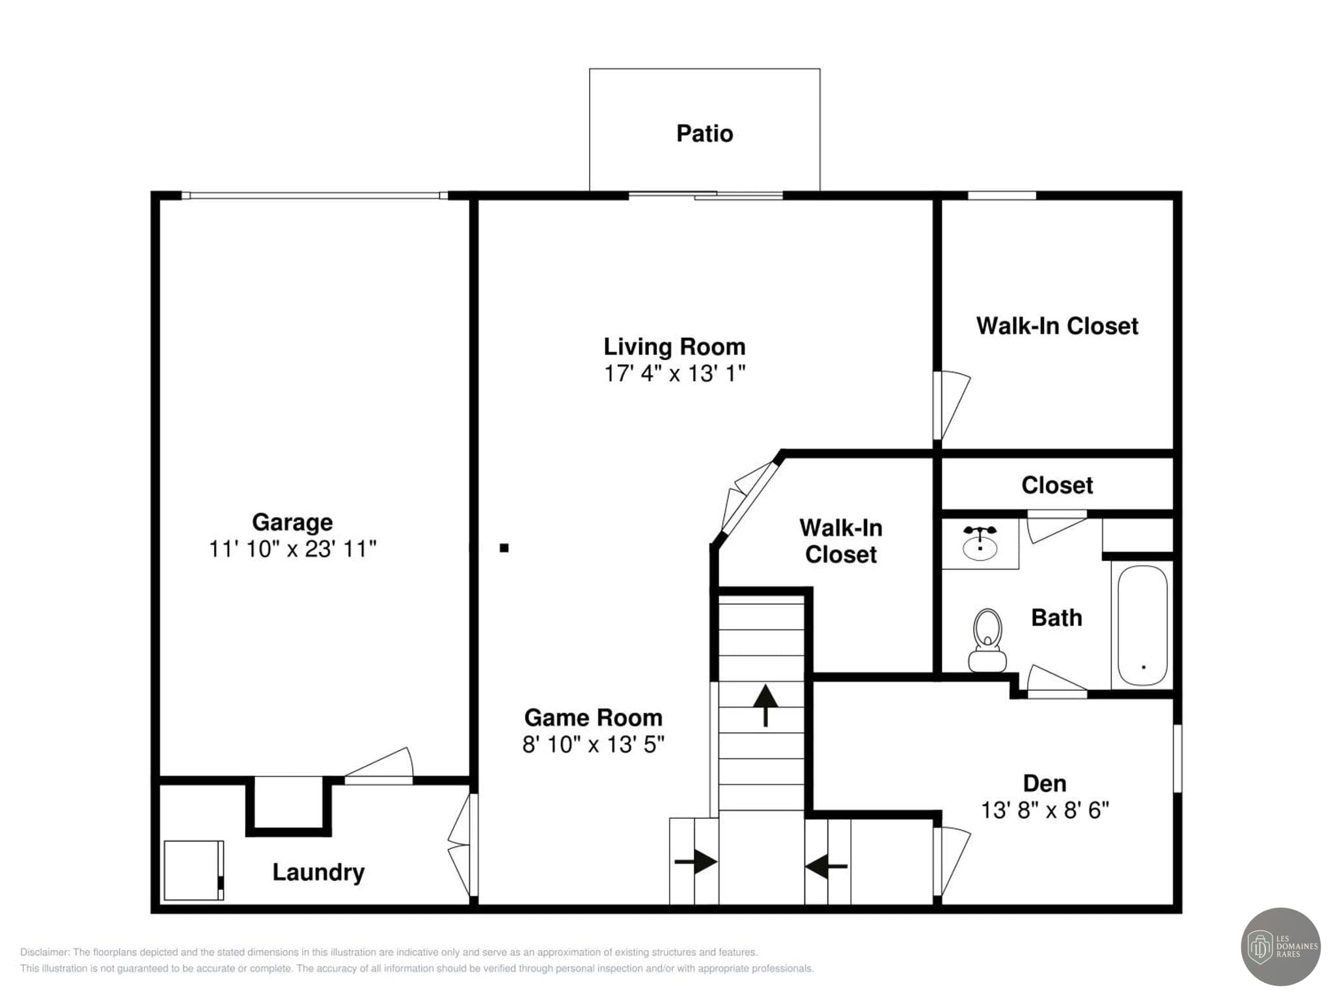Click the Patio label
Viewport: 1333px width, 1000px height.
click(704, 133)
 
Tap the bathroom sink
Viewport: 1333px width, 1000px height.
click(980, 544)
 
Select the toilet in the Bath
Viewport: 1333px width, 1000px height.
click(987, 640)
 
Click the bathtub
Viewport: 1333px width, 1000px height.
click(1142, 625)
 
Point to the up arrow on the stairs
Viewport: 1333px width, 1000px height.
click(765, 705)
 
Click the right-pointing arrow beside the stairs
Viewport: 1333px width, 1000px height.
click(696, 862)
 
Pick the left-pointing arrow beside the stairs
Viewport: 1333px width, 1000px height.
click(826, 867)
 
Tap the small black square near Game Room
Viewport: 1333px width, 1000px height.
click(504, 548)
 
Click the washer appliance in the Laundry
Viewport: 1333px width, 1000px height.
click(194, 870)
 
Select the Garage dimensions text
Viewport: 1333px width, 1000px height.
click(292, 549)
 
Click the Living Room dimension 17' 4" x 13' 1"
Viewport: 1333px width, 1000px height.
click(674, 373)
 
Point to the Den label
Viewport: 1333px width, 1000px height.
click(1045, 783)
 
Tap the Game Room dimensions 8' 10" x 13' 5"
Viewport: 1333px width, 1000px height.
click(593, 744)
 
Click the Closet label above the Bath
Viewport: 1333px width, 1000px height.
click(1057, 485)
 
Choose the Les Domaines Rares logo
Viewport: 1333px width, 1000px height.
click(1281, 947)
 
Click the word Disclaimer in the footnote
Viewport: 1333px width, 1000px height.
click(44, 952)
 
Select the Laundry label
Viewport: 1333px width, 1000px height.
click(318, 872)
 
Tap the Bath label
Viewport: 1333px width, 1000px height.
click(1056, 618)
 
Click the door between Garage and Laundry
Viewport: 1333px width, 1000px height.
click(379, 765)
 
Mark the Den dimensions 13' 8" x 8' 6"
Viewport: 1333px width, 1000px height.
click(1045, 810)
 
